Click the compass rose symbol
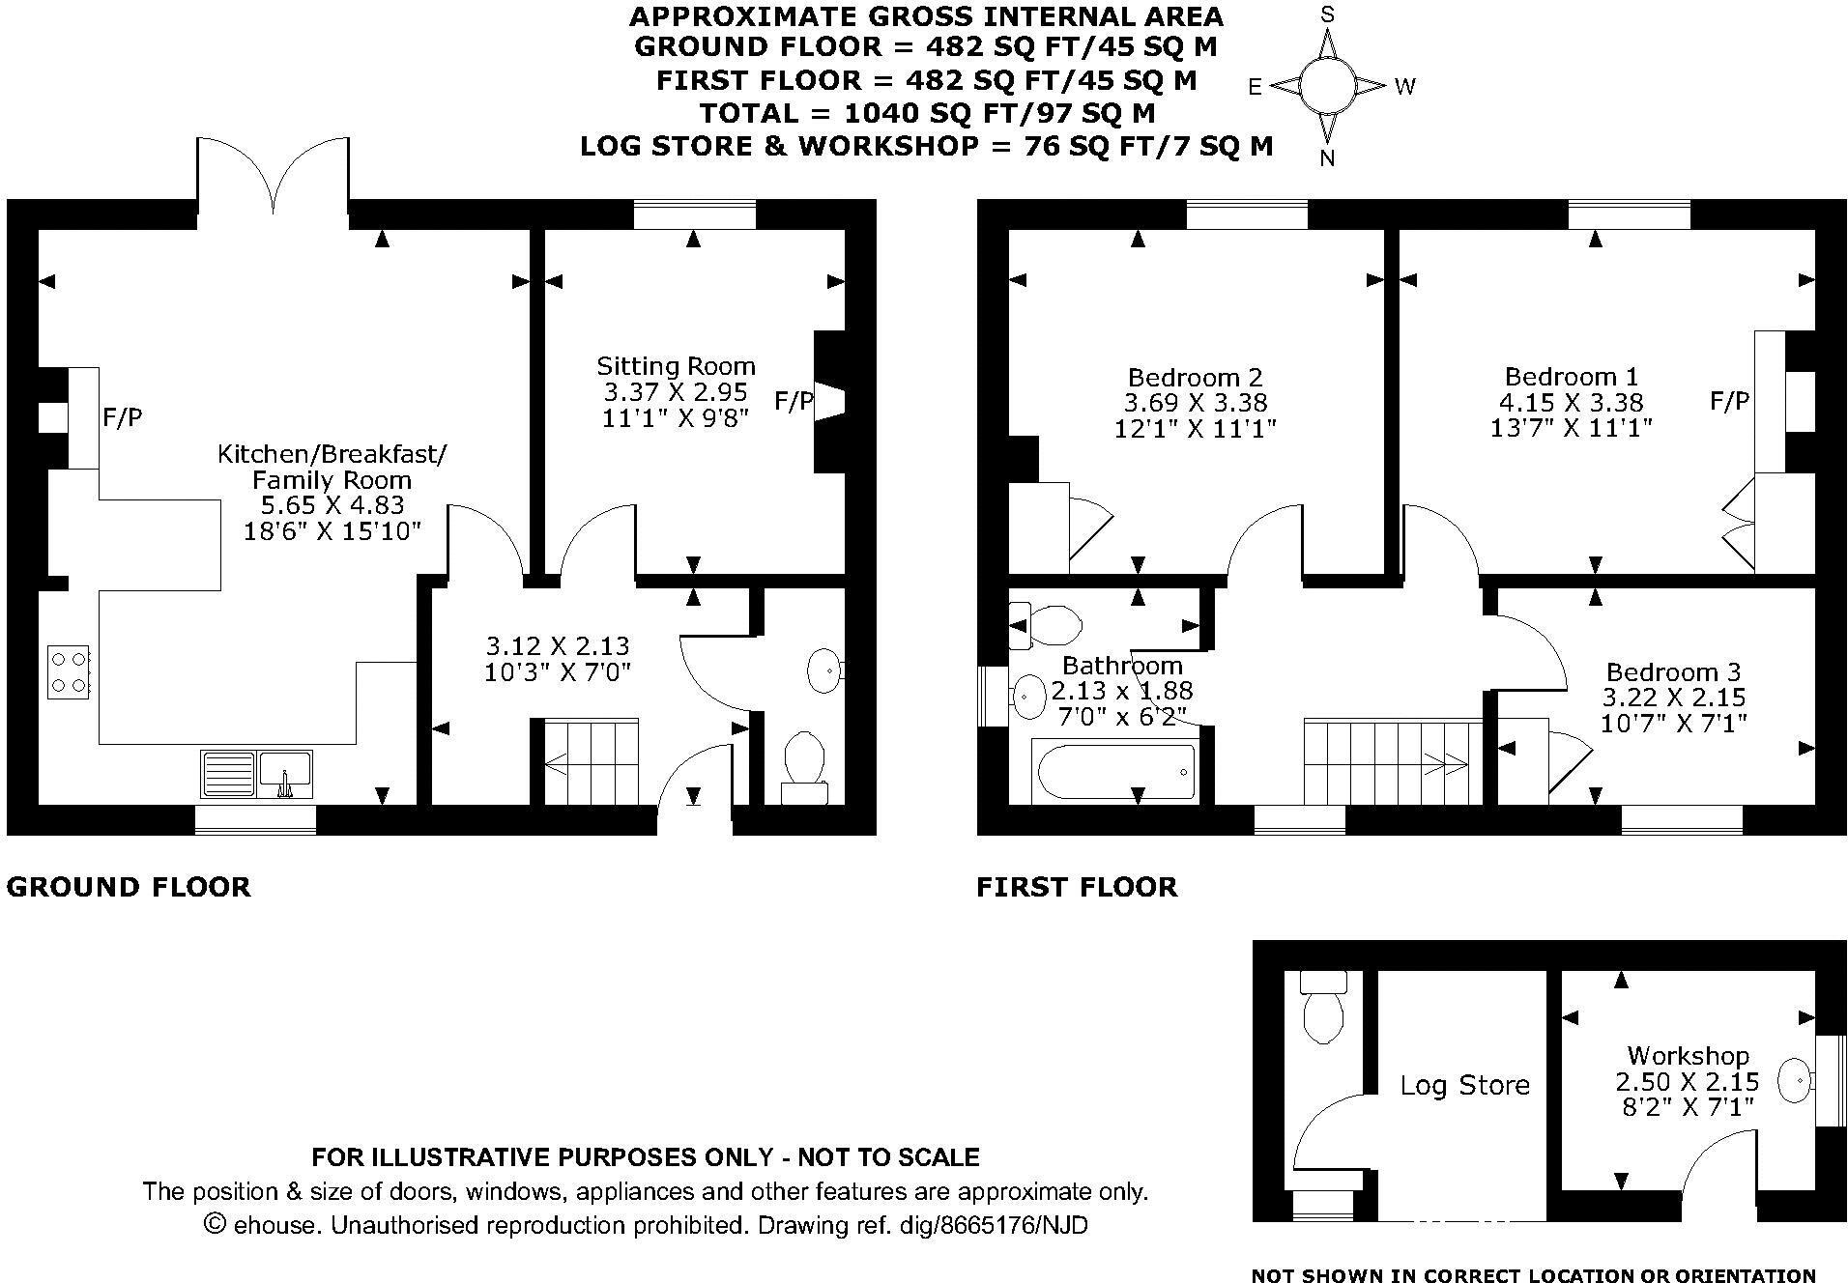coord(1327,85)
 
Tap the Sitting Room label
coord(675,366)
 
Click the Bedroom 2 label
coord(1195,378)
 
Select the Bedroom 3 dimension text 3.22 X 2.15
coord(1676,698)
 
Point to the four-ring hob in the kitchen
coord(69,671)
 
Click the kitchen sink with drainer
coord(257,774)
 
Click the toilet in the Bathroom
coord(1046,625)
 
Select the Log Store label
coord(1464,1085)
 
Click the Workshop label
coord(1687,1056)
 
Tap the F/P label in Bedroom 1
coord(1729,401)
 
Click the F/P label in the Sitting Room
coord(794,401)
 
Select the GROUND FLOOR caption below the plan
coord(129,887)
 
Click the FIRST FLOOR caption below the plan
coord(1077,887)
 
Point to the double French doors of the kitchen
coord(274,174)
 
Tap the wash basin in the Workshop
coord(1795,1080)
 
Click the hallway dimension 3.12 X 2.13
coord(557,645)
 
